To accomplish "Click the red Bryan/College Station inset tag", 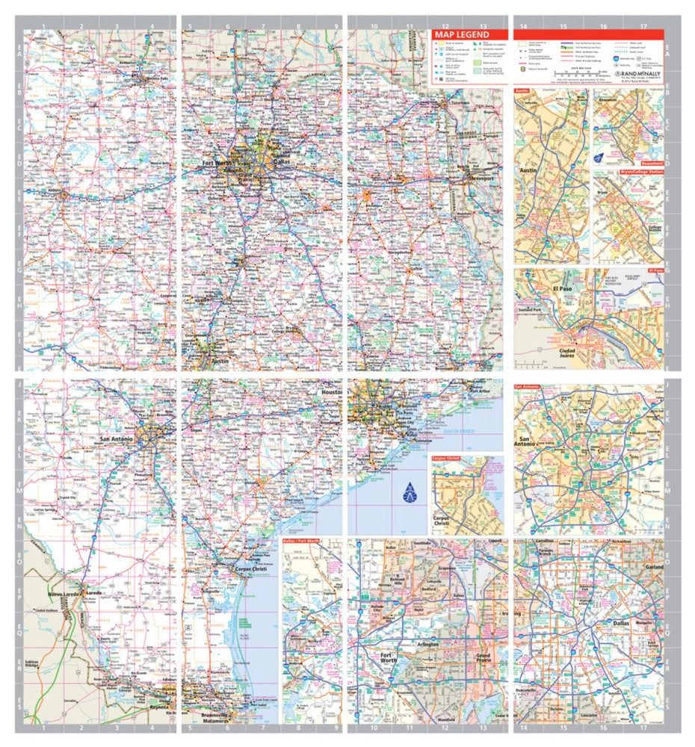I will click(x=641, y=173).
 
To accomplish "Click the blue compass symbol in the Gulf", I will click(x=409, y=492).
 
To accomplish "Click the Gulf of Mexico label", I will click(x=457, y=429).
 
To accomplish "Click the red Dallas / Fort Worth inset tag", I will click(x=303, y=540).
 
